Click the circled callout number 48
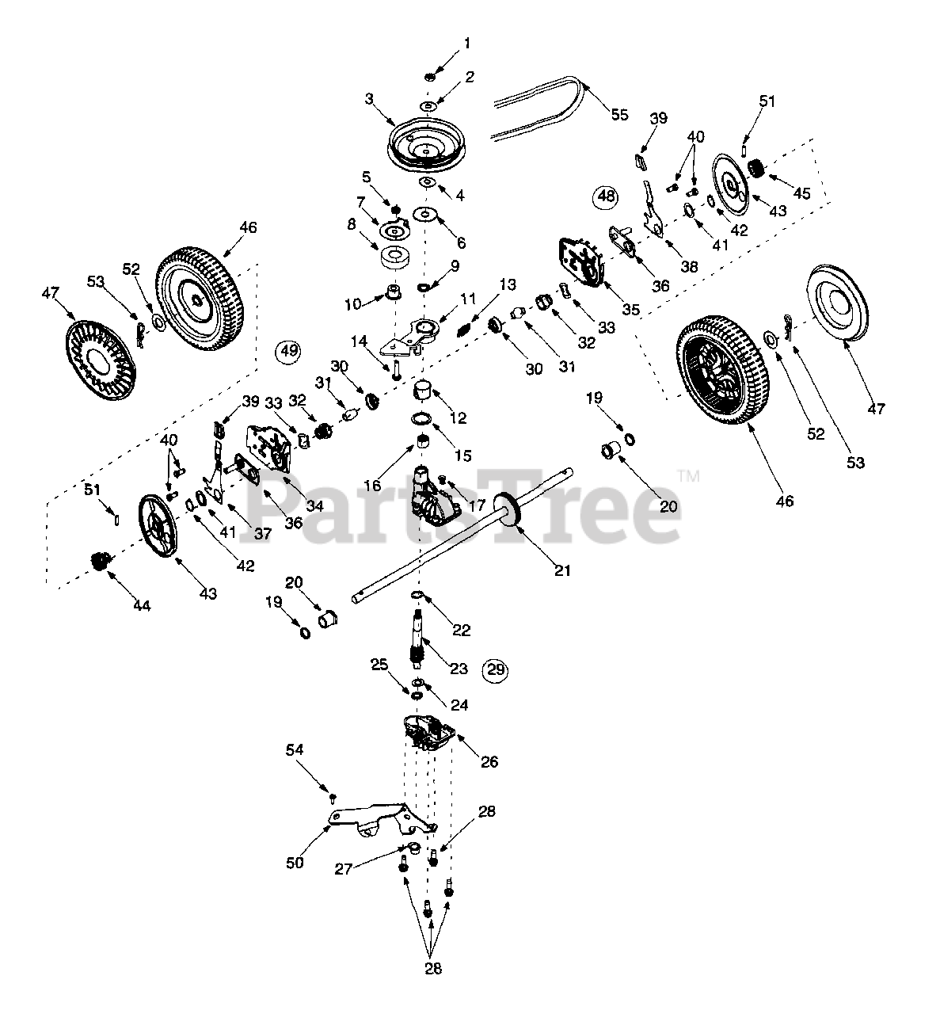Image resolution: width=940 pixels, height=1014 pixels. [606, 196]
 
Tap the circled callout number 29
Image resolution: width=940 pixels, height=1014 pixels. [496, 669]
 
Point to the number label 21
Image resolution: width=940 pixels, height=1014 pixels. [561, 570]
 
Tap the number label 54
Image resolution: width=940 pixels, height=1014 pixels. [295, 749]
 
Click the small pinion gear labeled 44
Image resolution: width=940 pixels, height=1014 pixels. [101, 563]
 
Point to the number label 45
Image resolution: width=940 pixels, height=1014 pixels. [802, 193]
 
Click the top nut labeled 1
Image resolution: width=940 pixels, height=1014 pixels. [429, 76]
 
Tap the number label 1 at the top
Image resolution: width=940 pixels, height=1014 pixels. [467, 42]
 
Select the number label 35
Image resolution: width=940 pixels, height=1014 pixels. [630, 309]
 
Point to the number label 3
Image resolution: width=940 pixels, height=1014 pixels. [369, 99]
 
